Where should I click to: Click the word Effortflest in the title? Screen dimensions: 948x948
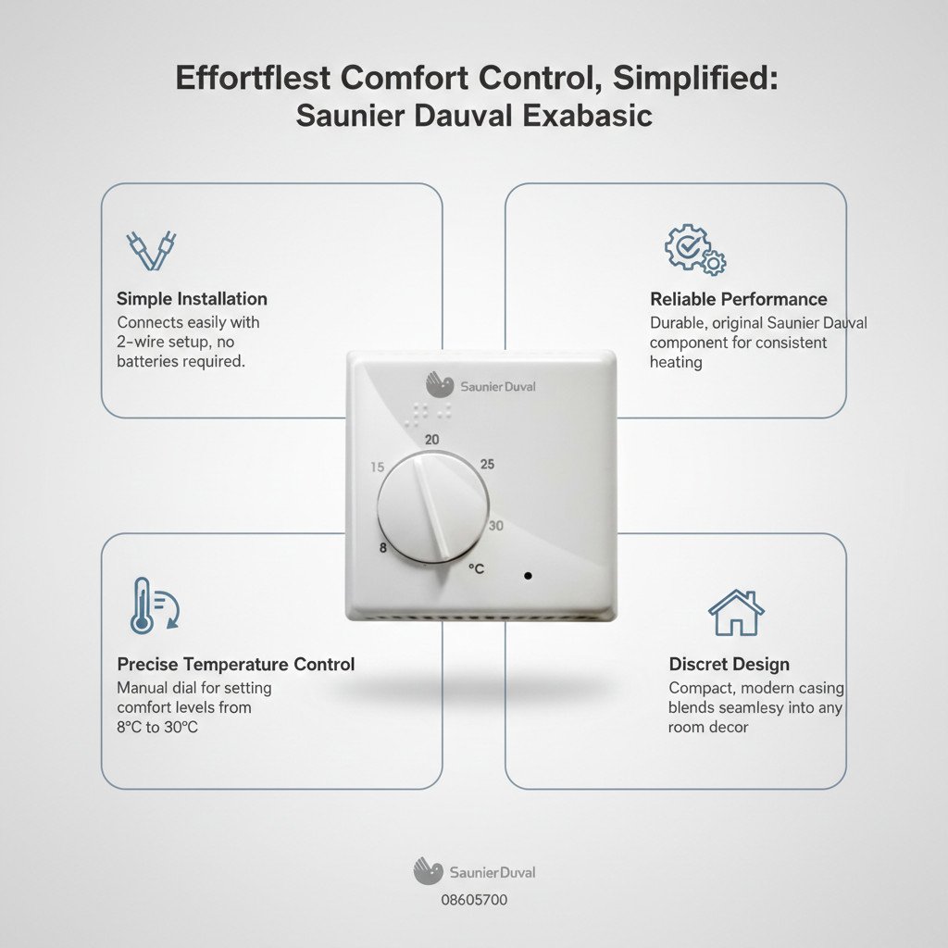(253, 78)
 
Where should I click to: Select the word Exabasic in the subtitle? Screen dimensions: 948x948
(587, 116)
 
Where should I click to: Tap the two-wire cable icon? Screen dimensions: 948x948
(151, 250)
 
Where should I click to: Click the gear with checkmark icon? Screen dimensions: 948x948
(695, 250)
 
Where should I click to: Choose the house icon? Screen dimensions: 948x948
(736, 613)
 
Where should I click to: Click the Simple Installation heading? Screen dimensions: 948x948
(192, 299)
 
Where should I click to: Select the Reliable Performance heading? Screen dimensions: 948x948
(738, 299)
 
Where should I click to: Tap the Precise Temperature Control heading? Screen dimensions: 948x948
(236, 664)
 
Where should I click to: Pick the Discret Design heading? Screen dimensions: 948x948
(730, 664)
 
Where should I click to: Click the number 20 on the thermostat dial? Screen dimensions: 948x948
(431, 440)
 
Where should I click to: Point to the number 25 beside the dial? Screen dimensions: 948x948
(487, 465)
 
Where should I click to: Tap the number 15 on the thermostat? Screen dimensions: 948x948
(378, 467)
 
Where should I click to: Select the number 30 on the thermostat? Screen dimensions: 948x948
(496, 526)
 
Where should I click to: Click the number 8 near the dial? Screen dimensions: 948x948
(382, 548)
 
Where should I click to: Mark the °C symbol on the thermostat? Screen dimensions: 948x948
(477, 569)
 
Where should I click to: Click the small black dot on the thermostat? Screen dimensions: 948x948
(528, 576)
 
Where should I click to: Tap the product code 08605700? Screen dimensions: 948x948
(474, 900)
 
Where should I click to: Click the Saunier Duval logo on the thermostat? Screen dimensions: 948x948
(480, 385)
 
